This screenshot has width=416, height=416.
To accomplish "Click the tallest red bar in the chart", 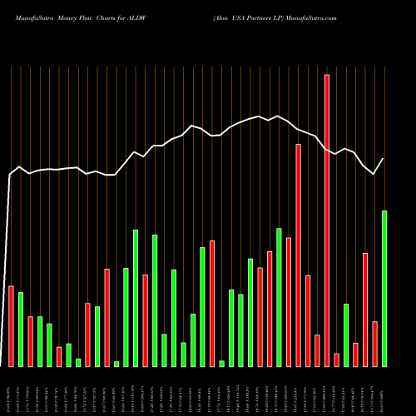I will coord(327,220).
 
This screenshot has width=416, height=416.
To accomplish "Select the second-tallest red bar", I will coord(298,255).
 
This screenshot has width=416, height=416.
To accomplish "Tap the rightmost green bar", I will coord(384,288).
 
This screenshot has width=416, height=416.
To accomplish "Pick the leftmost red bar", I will coord(11,326).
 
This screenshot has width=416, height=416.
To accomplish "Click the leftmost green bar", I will coord(21,329).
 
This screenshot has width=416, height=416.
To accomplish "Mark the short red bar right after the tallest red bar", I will coord(336,359).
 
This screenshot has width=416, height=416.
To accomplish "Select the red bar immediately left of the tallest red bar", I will coord(317,350).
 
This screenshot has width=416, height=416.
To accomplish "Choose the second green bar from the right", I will coord(346,334).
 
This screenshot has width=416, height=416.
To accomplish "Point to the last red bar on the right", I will coord(374,344).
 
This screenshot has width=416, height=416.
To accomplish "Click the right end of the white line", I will coord(384,159).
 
